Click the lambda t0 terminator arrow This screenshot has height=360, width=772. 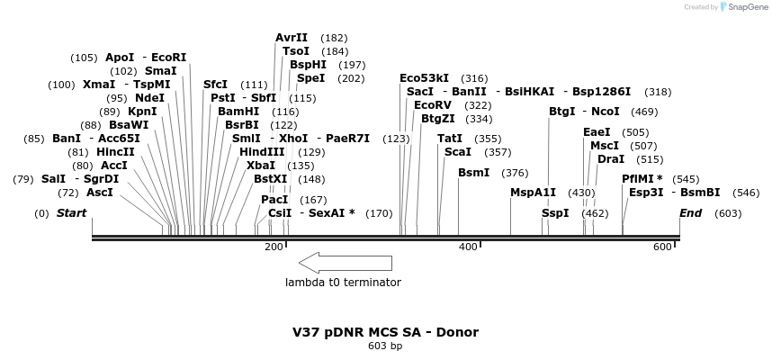point(346,263)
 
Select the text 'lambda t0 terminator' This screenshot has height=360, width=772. point(343,283)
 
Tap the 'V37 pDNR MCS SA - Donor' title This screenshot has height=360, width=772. point(385,332)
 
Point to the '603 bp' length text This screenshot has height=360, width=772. point(385,346)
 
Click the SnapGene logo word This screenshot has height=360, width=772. point(749,7)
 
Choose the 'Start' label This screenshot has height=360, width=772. point(71,213)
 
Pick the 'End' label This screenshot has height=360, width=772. point(690,213)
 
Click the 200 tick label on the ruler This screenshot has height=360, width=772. point(274,247)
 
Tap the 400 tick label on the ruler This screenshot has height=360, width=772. point(468,247)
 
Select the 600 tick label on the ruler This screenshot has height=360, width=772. point(662,247)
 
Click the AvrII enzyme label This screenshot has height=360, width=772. point(292,38)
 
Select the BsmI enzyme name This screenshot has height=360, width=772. point(474,173)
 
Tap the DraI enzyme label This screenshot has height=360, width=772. point(611,159)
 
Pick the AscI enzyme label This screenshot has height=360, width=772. point(100,193)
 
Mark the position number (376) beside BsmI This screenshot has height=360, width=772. point(515,173)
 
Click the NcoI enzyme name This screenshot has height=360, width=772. point(606,112)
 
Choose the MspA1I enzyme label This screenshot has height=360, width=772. point(534,193)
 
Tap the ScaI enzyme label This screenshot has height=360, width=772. point(457,152)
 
